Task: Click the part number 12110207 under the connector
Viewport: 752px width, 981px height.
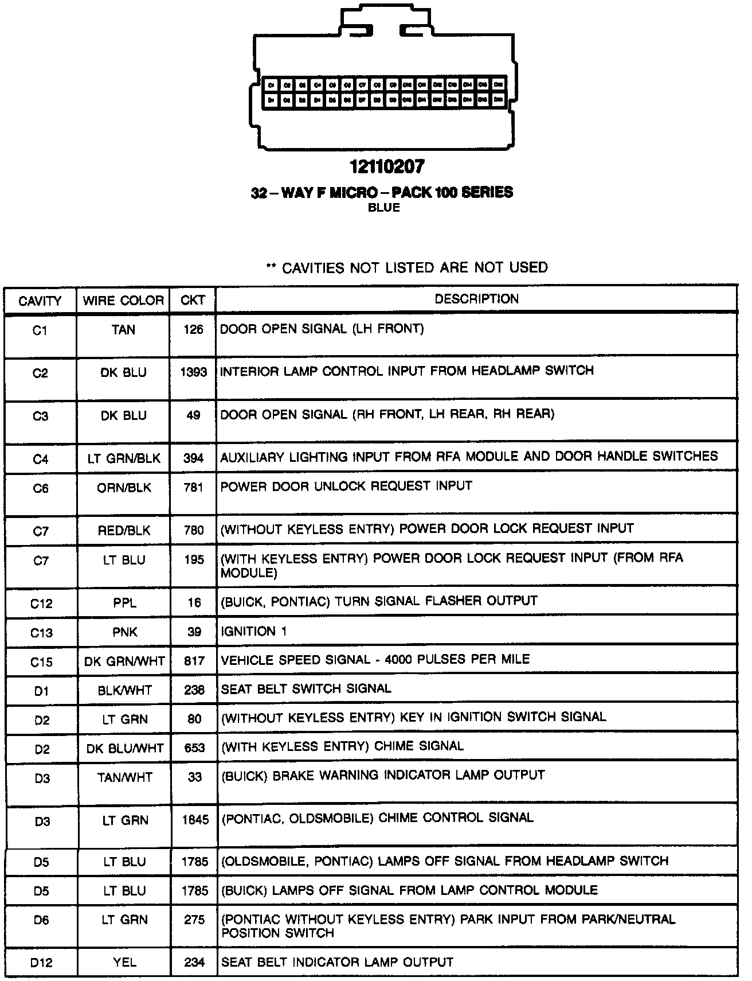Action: tap(387, 167)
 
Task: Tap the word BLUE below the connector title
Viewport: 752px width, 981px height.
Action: tap(383, 208)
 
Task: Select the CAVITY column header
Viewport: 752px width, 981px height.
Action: tap(40, 301)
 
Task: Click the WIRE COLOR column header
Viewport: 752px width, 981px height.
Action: tap(123, 301)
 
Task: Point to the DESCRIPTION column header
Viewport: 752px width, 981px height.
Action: tap(476, 299)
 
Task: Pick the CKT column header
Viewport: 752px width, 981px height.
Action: tap(193, 301)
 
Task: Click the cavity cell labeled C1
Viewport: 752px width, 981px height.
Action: tap(40, 330)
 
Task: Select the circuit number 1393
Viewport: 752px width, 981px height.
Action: tap(193, 372)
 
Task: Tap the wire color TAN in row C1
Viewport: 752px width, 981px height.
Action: tap(124, 330)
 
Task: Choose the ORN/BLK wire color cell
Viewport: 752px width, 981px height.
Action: tap(124, 488)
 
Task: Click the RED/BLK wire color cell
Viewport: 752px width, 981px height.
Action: tap(124, 531)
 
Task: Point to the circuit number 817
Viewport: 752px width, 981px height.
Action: tap(194, 661)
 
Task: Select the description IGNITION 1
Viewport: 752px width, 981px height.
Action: tap(254, 632)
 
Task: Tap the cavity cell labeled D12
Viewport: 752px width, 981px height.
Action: tap(41, 963)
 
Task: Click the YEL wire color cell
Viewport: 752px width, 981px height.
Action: tap(125, 963)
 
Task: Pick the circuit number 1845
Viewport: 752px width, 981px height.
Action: tap(195, 820)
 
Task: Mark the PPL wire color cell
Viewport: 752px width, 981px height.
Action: tap(124, 603)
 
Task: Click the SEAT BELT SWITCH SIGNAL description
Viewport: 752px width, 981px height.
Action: tap(306, 689)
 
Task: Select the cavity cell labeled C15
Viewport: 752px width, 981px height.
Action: tap(41, 662)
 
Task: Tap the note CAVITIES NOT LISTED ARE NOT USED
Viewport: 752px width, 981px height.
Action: tap(408, 268)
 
